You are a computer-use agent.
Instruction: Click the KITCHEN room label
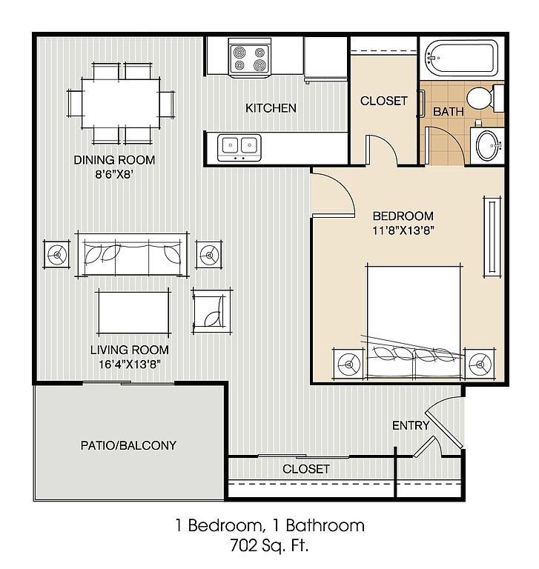[x=271, y=108]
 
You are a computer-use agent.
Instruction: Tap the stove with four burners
[x=249, y=58]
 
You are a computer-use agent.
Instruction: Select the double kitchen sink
[x=239, y=147]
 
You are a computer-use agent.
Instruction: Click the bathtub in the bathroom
[x=461, y=58]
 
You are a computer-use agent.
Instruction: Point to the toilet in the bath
[x=485, y=98]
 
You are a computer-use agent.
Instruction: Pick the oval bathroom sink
[x=487, y=145]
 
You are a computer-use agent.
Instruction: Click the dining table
[x=121, y=104]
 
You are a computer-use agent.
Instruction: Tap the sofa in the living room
[x=132, y=254]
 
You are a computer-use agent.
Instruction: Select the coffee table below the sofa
[x=133, y=312]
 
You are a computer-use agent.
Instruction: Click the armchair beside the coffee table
[x=212, y=311]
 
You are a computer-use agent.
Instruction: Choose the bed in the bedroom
[x=414, y=322]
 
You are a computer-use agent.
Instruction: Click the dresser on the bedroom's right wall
[x=492, y=237]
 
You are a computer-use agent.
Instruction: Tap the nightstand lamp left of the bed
[x=348, y=364]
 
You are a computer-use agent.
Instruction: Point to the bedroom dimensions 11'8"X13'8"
[x=403, y=230]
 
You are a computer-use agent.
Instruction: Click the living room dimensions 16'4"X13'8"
[x=130, y=364]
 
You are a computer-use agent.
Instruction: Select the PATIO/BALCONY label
[x=128, y=445]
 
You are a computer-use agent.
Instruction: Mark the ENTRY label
[x=411, y=425]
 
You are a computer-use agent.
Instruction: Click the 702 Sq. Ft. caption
[x=269, y=545]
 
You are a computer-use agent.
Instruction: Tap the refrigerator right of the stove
[x=325, y=58]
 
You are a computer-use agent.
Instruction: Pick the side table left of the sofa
[x=56, y=254]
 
